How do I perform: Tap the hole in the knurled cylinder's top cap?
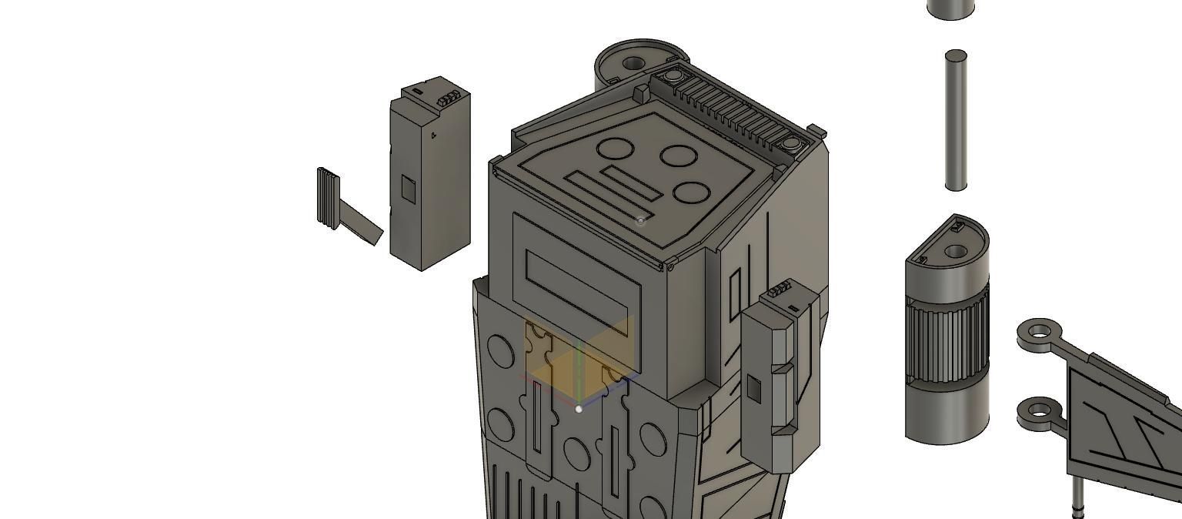tap(955, 252)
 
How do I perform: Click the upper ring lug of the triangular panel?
tap(1040, 332)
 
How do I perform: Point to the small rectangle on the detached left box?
tap(409, 189)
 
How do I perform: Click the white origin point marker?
tap(579, 409)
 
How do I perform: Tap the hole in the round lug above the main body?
tap(633, 63)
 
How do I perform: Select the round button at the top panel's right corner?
tap(791, 143)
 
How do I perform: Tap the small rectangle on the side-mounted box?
tap(754, 390)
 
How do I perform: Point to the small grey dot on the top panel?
tap(641, 220)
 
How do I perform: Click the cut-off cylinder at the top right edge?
tap(951, 8)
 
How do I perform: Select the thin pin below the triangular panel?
tap(1077, 499)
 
